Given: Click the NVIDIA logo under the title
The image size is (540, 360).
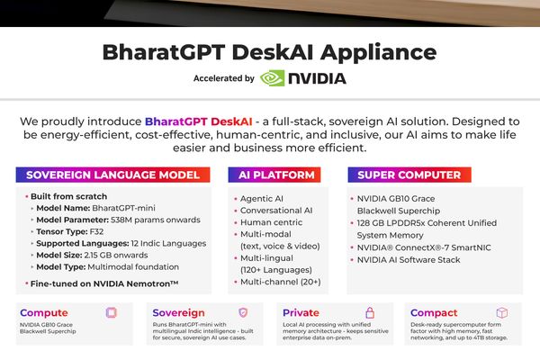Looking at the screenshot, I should point(302,78).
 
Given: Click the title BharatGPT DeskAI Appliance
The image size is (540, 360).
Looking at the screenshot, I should point(270,51).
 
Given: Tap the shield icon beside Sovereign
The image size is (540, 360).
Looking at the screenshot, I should point(242,312).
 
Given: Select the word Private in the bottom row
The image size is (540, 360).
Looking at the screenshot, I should point(300,313).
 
